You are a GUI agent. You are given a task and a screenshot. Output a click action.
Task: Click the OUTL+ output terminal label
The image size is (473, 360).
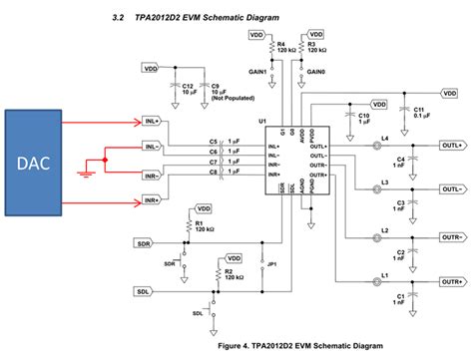(451, 144)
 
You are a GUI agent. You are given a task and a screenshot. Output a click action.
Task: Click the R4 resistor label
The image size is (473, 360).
(281, 43)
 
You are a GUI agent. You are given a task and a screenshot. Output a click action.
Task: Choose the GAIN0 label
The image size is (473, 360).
(317, 73)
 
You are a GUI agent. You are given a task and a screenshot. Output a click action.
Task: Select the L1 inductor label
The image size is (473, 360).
(384, 274)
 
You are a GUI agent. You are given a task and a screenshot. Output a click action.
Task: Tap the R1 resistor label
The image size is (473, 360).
(200, 223)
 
